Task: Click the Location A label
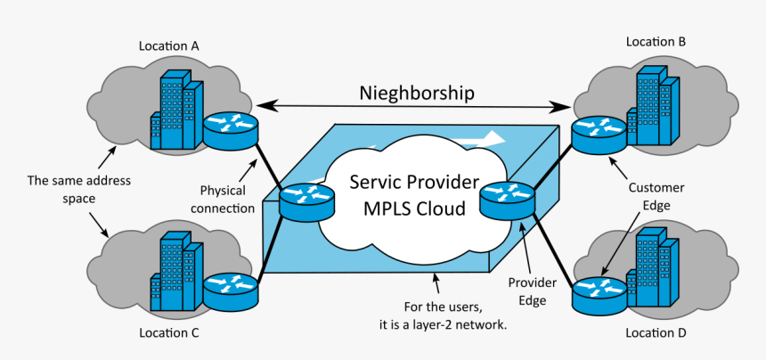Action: point(169,45)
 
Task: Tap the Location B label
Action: point(656,41)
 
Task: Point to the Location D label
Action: point(656,333)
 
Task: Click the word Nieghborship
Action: point(417,93)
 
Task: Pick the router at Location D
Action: point(599,294)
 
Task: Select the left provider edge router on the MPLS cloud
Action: point(305,202)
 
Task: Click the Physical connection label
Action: point(228,199)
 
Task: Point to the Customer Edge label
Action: point(656,196)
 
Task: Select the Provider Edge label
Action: point(526,290)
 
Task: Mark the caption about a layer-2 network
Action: point(443,316)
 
